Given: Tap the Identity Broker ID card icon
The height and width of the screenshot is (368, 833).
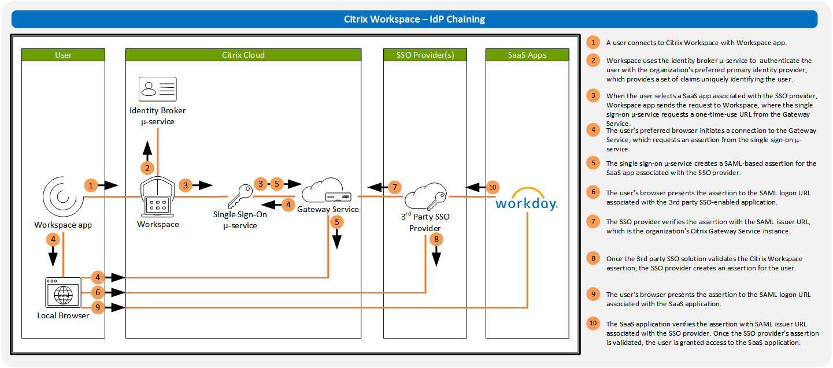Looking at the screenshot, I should coord(158,90).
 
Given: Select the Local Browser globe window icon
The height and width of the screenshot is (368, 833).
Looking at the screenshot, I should coord(62,293).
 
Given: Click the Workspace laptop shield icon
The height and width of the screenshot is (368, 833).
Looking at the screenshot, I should coord(158,197).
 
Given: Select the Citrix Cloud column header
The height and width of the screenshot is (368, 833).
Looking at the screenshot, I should coord(243,55).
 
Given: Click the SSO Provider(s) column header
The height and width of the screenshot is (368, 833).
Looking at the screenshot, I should coord(425,55).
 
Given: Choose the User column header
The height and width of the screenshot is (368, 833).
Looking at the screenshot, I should coord(63,55).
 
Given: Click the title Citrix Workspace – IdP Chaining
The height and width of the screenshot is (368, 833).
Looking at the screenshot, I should coord(414,19).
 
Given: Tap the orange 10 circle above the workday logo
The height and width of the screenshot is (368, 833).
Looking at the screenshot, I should coord(492,187).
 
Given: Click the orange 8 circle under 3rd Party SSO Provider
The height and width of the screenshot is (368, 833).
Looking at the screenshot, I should coord(436,239).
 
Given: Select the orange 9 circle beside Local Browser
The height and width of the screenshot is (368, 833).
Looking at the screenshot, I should coord(98,307).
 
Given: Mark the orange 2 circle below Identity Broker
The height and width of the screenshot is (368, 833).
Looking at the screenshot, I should coord(147,168).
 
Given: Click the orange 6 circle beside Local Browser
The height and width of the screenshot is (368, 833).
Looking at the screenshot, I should coord(98,293).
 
